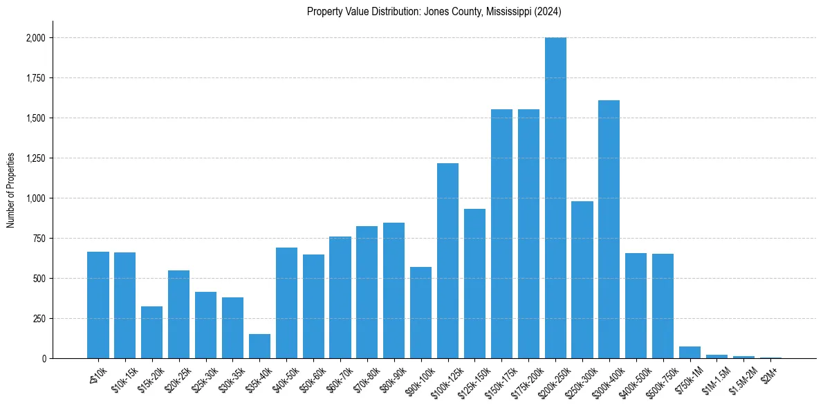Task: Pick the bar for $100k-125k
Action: click(447, 261)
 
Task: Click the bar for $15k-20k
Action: click(151, 332)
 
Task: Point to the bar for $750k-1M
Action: click(690, 352)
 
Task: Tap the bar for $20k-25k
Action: click(178, 314)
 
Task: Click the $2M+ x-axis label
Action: click(770, 371)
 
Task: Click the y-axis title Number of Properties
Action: click(11, 189)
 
